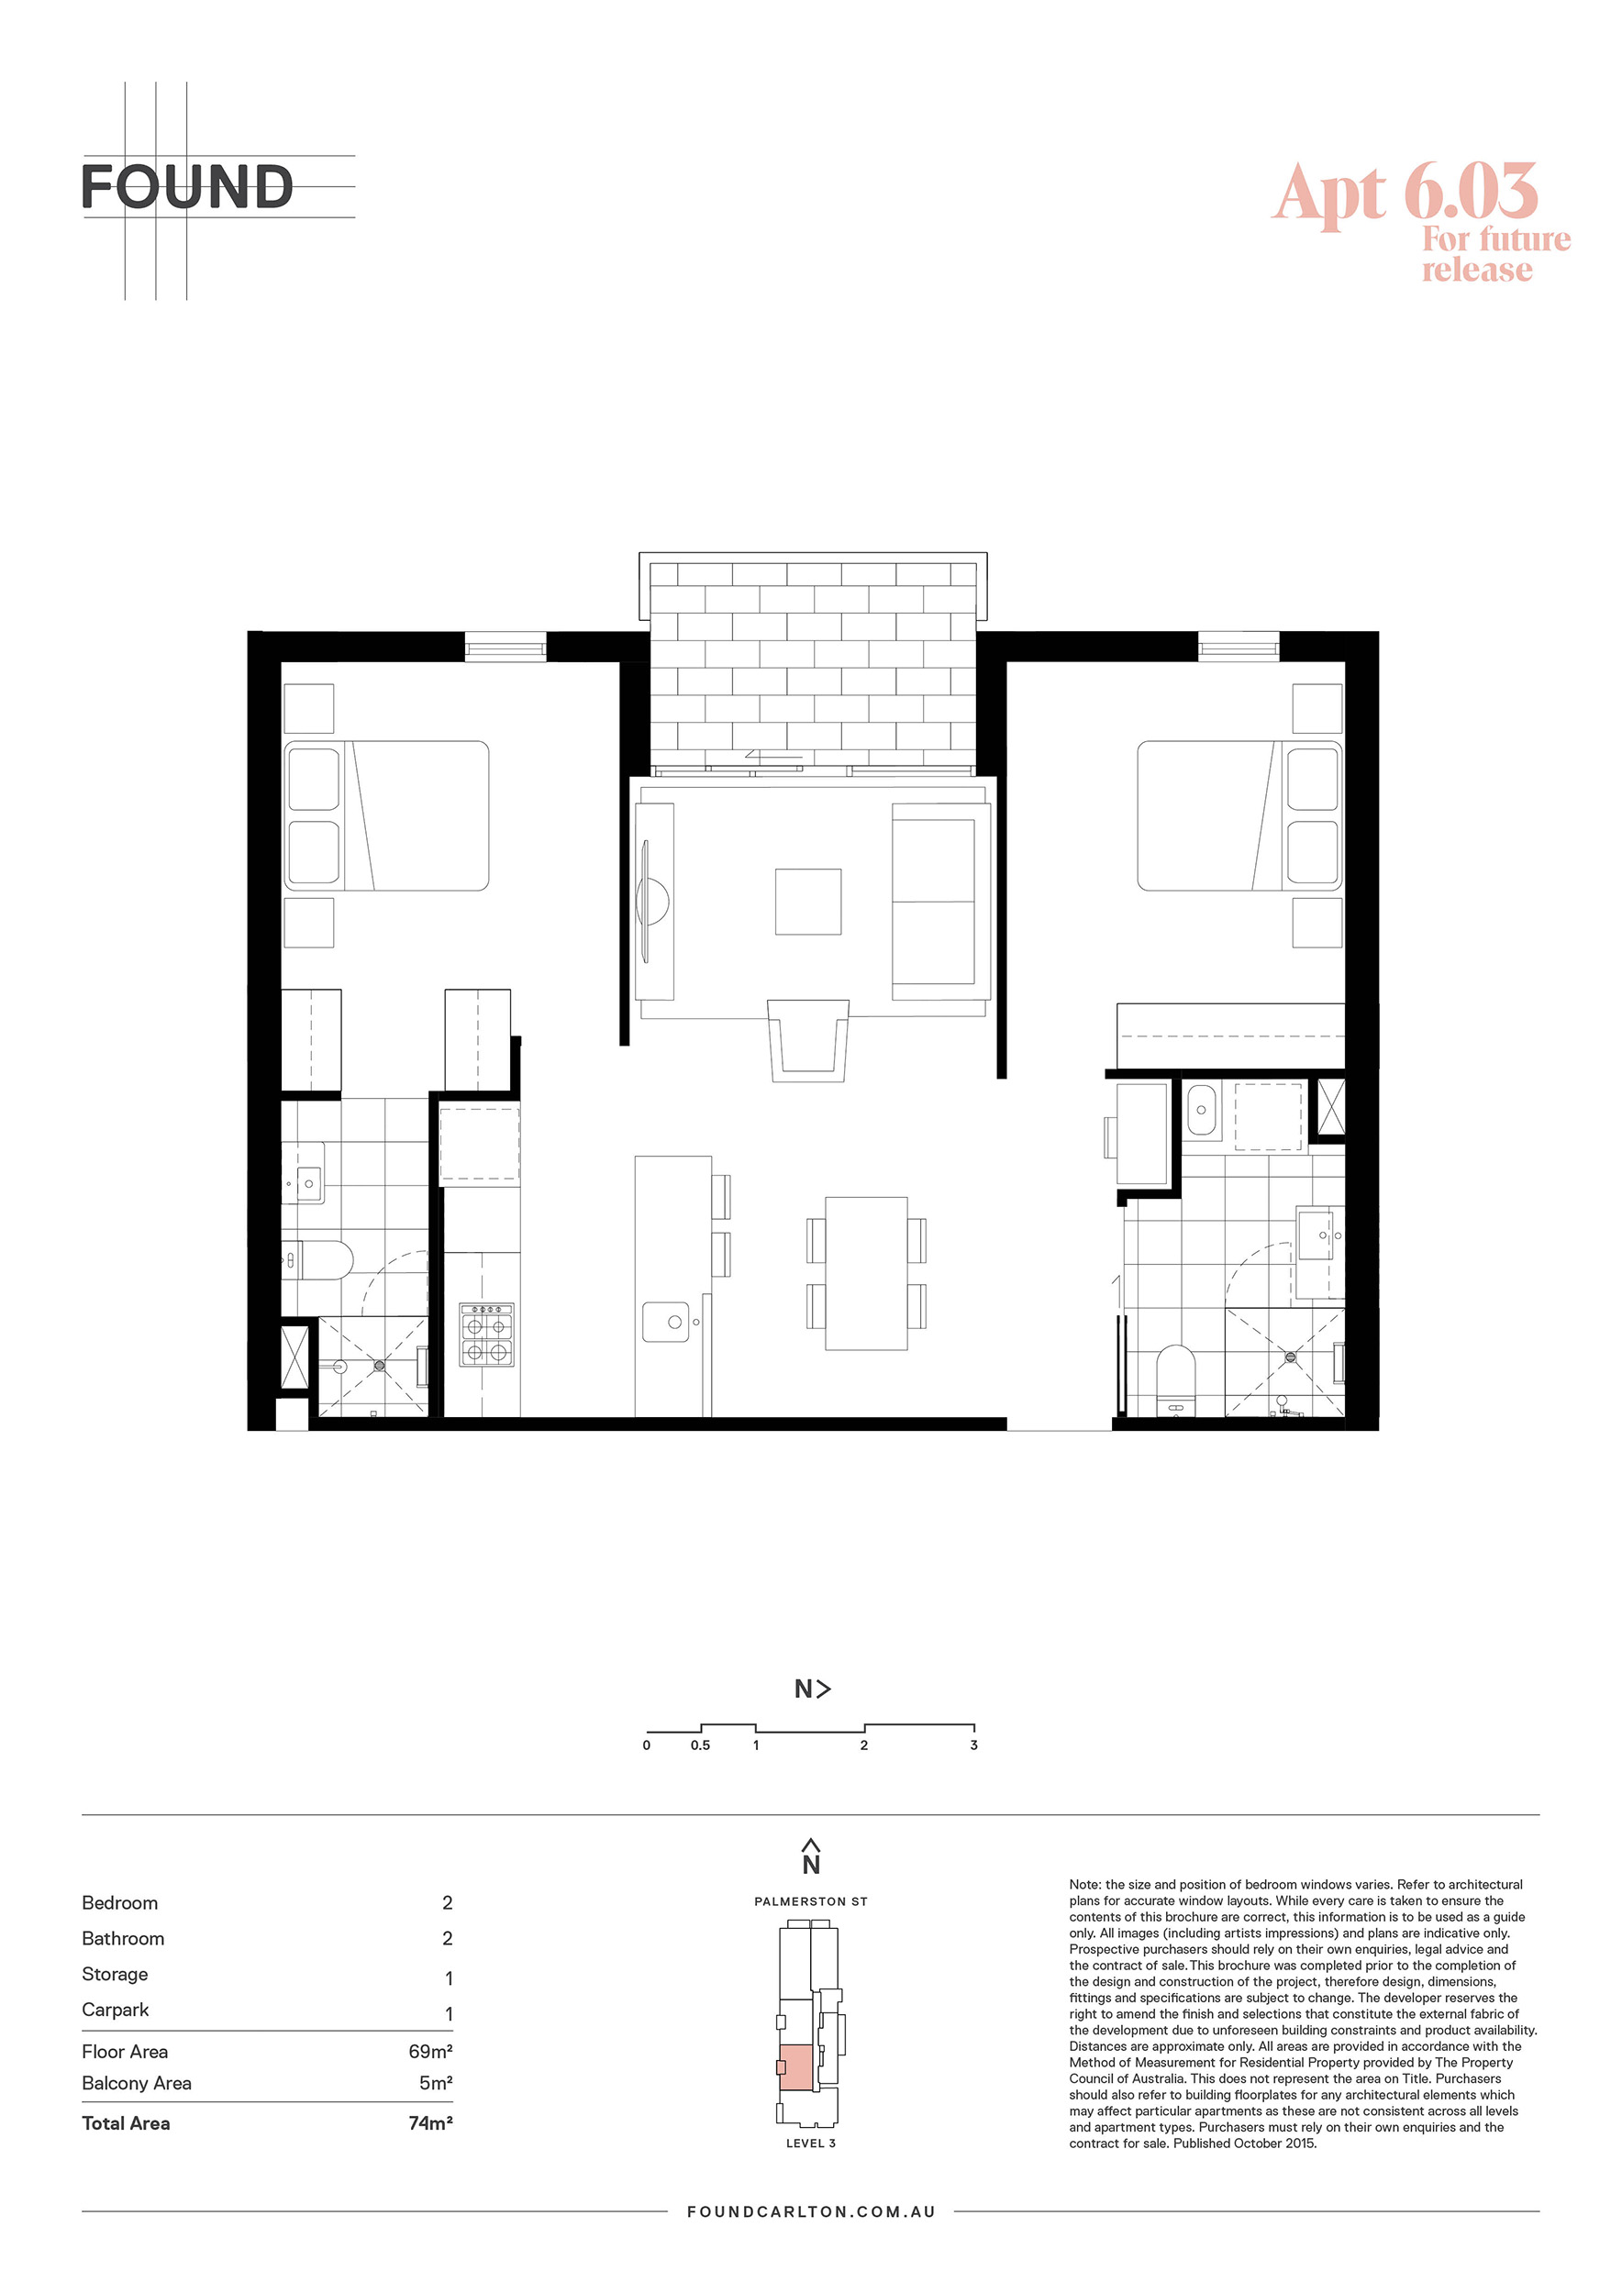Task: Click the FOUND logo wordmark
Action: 187,187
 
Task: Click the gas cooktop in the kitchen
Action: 486,1335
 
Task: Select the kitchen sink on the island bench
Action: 666,1322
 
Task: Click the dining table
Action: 866,1273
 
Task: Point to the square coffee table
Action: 808,902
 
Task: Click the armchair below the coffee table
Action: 808,1041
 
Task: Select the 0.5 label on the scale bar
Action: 700,1745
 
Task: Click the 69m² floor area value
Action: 430,2051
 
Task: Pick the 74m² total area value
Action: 430,2123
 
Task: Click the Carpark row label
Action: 115,2011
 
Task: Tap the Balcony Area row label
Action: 137,2083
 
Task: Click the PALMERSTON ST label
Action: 811,1902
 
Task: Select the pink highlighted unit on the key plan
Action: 796,2067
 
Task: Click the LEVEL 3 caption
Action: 811,2143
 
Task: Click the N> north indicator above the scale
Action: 812,1689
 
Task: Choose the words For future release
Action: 1495,254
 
